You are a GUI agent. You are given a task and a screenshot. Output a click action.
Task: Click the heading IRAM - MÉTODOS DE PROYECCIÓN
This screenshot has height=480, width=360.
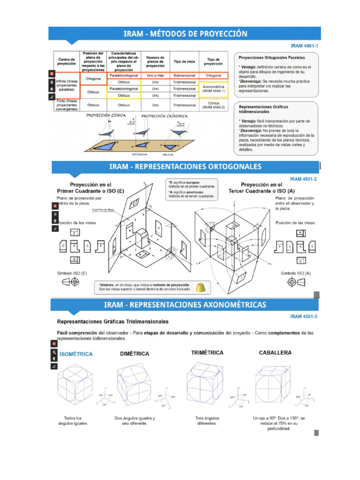(185, 34)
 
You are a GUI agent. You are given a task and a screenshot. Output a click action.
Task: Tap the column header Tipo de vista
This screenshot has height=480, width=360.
(184, 61)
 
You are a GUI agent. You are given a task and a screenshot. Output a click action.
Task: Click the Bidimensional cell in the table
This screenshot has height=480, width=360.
(184, 75)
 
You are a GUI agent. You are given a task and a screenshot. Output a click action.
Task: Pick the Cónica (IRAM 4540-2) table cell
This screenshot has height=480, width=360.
(214, 105)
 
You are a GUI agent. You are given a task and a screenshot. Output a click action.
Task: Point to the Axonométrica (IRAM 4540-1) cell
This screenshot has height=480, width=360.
(214, 89)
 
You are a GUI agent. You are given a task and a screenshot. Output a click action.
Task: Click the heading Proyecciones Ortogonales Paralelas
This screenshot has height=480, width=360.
(271, 58)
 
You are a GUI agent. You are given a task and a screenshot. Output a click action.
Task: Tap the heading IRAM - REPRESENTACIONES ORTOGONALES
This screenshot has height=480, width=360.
(185, 167)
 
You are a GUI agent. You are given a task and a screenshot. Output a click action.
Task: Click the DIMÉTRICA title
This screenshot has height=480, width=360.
(135, 354)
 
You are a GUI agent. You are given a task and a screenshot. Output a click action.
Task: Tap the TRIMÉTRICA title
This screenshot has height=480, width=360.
(207, 352)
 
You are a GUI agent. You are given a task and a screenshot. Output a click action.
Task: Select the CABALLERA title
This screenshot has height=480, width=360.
(275, 352)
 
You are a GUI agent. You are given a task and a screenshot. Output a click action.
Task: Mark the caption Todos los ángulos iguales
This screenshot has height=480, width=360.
(73, 420)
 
